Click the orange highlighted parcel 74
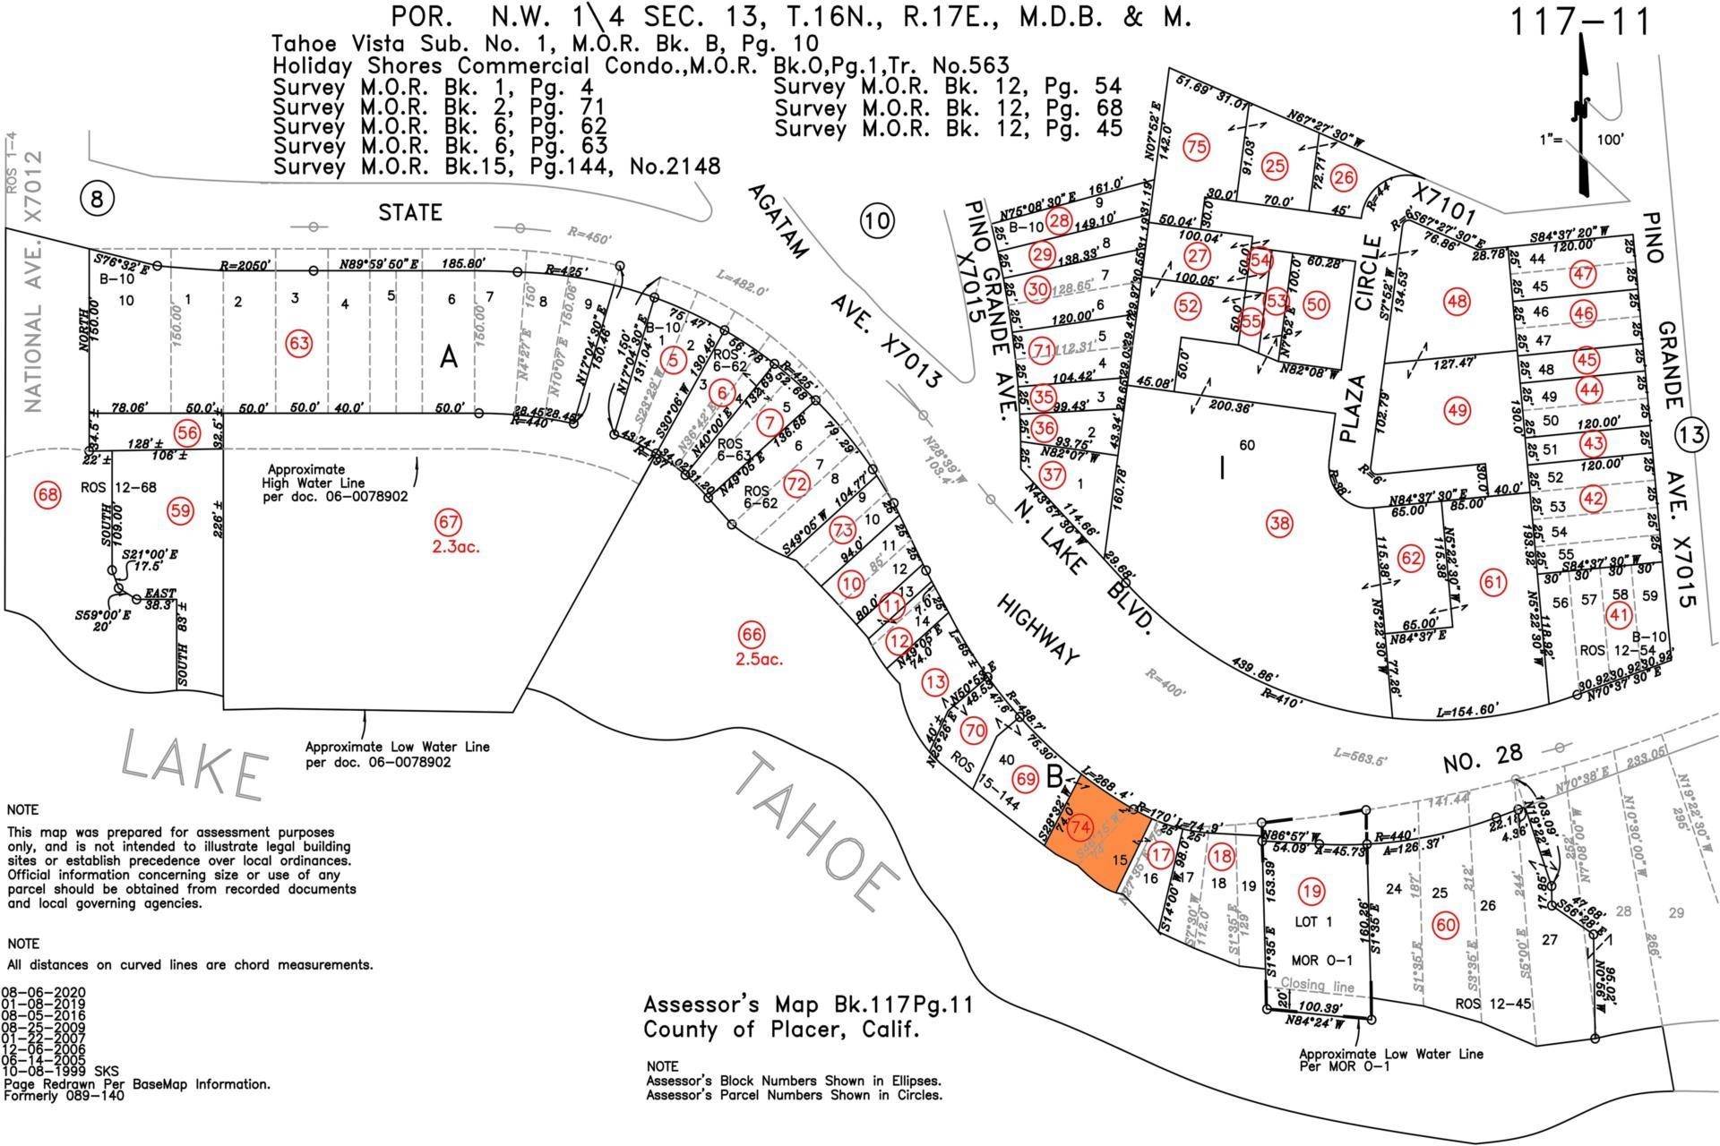point(1088,842)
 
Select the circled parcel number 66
point(752,635)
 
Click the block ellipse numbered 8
point(97,199)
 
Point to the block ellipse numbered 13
point(1689,436)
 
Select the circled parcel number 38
point(1279,524)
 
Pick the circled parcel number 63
point(298,342)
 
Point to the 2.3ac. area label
point(454,545)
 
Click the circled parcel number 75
point(1196,148)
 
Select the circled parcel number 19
point(1312,891)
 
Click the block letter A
point(448,358)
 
